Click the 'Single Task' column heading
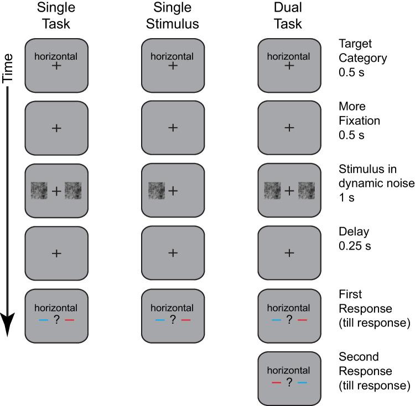(x=56, y=15)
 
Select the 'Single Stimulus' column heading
(x=172, y=15)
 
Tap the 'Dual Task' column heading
(x=288, y=15)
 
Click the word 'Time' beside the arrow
(x=8, y=68)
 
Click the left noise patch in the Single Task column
(x=39, y=191)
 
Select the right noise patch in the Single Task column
(x=72, y=191)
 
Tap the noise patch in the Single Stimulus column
(x=157, y=191)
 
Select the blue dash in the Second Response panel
(x=302, y=382)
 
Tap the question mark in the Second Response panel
(x=288, y=382)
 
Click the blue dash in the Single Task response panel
(x=43, y=320)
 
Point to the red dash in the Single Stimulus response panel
(x=185, y=320)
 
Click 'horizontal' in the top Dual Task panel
(x=288, y=56)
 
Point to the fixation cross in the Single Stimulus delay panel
(x=173, y=253)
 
